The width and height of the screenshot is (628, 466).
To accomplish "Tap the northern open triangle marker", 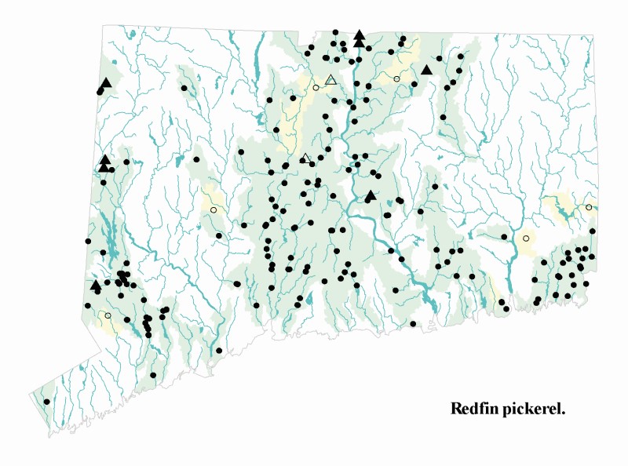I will (x=331, y=79).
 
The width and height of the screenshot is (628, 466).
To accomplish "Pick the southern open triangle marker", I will (x=306, y=159).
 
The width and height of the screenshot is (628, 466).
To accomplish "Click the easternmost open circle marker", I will (x=589, y=207).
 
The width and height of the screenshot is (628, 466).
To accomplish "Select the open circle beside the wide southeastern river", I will (x=526, y=238).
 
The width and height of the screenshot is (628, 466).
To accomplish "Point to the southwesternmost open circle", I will (x=108, y=315).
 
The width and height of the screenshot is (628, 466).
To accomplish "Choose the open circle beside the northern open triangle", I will (x=316, y=88).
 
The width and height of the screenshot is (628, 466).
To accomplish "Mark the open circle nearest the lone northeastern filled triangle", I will (x=396, y=79).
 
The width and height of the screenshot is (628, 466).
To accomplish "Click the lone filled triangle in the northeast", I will (x=426, y=70).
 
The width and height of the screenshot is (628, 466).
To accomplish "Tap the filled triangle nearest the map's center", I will (x=371, y=195).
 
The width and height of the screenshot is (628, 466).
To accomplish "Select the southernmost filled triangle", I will (x=96, y=285).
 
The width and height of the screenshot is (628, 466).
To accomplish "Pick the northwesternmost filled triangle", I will (x=107, y=82).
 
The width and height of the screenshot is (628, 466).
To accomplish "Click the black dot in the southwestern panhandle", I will (x=47, y=402).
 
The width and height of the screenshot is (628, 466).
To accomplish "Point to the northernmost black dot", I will (x=336, y=32).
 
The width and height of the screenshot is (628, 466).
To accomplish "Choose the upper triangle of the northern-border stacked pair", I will (x=360, y=35).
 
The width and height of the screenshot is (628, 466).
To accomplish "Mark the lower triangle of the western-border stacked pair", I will (x=104, y=166).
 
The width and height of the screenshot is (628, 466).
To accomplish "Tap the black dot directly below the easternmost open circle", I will (x=593, y=231).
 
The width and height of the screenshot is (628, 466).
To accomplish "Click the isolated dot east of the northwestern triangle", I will (x=184, y=88).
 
